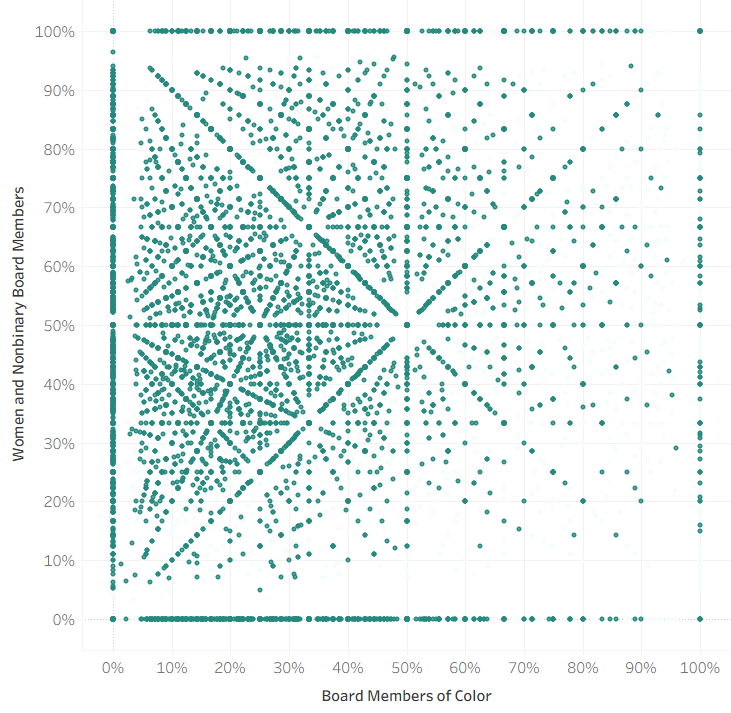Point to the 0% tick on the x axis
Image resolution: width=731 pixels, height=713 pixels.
pos(113,666)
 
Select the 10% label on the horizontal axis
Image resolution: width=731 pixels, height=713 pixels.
pos(172,666)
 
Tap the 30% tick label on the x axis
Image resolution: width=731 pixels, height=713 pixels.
pos(289,666)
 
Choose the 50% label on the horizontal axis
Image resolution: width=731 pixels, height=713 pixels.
pos(406,666)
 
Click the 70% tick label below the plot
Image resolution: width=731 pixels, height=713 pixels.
pos(524,666)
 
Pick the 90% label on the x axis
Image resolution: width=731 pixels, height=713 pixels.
pos(641,666)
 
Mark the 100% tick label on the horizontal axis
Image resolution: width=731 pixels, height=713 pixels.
pos(700,666)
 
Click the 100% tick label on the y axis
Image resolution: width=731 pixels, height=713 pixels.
pos(55,31)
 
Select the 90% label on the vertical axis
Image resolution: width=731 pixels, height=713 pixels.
pos(59,90)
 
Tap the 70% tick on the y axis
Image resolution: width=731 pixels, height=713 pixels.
pos(59,208)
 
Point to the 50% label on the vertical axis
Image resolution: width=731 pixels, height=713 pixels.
pos(59,325)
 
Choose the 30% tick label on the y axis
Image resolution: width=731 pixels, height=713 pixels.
pos(59,443)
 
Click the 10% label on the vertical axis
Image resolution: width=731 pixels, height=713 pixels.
pos(59,560)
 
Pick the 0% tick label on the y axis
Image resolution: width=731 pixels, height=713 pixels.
pos(62,619)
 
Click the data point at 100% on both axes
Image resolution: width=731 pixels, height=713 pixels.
pos(700,31)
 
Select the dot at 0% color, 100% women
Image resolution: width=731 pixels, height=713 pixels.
pos(113,31)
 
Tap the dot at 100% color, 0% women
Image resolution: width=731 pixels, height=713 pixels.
pos(700,619)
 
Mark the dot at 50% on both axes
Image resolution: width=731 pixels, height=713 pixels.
pos(407,325)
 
